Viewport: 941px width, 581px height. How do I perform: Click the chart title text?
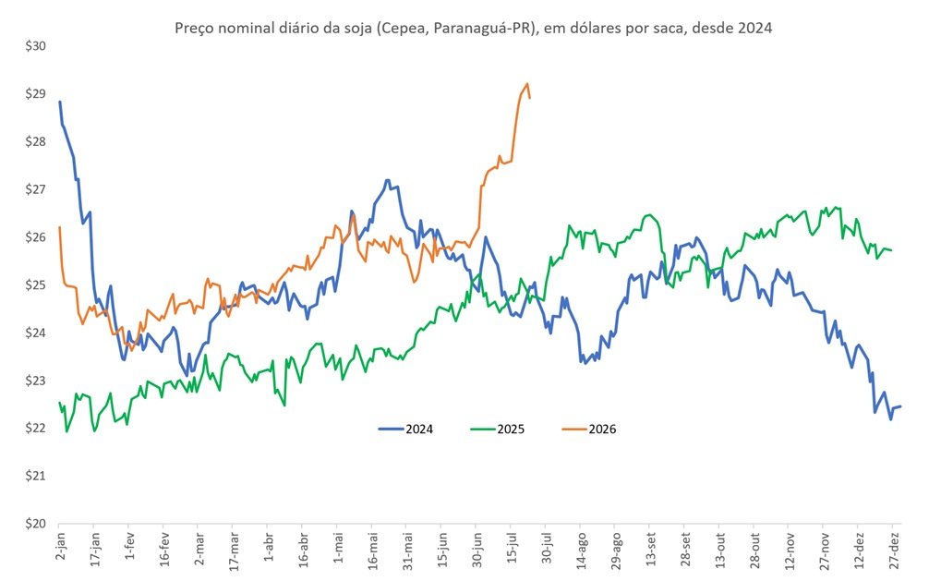473,28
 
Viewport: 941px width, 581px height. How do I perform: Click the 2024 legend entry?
405,430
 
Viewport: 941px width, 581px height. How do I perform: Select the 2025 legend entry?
498,430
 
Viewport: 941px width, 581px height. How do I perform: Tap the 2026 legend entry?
589,430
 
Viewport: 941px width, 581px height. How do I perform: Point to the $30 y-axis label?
35,46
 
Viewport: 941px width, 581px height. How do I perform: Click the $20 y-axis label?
35,524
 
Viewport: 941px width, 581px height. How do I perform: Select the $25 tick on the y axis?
35,285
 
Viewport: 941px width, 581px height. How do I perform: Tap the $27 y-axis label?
35,189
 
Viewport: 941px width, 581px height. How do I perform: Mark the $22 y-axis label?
35,428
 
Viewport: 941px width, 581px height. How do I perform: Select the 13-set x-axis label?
650,548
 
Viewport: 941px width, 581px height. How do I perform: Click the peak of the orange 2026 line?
527,84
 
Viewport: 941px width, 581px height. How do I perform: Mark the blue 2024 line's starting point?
59,102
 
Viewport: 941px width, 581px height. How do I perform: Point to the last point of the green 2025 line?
891,250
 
